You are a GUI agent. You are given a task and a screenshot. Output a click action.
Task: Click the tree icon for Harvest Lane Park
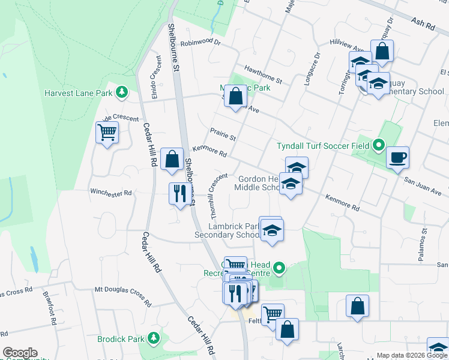tap(122, 92)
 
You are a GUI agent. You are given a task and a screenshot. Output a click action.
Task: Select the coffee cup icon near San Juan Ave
tap(397, 158)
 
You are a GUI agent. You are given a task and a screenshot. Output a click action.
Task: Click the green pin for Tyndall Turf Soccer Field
tap(378, 145)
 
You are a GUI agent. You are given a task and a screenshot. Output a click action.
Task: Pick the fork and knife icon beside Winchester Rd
tap(179, 194)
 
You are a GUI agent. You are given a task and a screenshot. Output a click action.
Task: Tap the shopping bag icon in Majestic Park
tap(236, 96)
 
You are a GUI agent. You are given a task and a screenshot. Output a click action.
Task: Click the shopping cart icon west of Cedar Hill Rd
tap(107, 132)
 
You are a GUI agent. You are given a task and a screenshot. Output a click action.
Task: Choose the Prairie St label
tap(223, 134)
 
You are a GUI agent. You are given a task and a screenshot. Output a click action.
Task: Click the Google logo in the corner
tap(20, 353)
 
